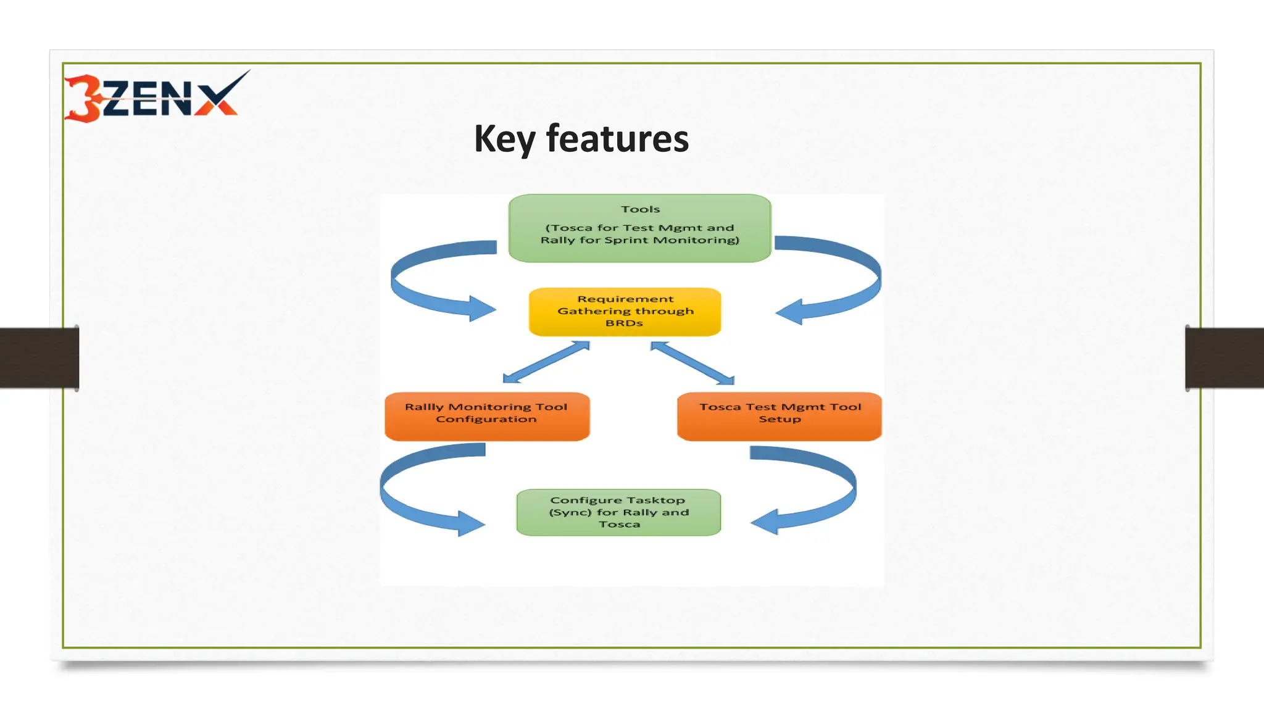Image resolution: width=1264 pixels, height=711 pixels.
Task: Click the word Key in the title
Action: [504, 139]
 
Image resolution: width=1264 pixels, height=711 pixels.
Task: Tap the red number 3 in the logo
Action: [84, 99]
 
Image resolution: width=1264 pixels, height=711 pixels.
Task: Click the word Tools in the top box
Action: [640, 209]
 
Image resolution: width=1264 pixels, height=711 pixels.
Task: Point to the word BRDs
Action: [624, 323]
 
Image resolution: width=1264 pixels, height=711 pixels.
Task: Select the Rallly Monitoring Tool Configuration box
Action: [486, 417]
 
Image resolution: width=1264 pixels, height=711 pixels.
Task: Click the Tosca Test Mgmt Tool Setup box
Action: [779, 417]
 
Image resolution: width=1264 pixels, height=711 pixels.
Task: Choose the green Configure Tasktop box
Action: [618, 512]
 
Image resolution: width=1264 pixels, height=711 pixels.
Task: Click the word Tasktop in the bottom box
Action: [655, 500]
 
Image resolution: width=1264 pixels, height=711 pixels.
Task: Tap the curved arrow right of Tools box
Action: [864, 281]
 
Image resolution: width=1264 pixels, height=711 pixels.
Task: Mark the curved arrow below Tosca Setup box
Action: [839, 491]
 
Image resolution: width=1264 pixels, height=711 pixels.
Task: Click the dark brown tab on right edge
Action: [1224, 358]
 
